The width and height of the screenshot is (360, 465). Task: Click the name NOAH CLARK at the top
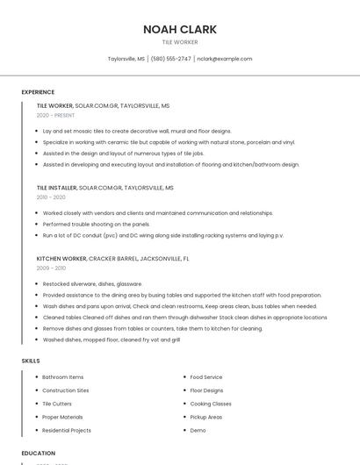coord(180,29)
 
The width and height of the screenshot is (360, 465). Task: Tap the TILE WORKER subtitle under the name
coord(180,42)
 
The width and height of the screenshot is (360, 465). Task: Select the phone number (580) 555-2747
coord(170,59)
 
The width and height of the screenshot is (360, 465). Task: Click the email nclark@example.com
coord(224,59)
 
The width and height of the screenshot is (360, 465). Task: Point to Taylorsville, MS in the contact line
coord(126,59)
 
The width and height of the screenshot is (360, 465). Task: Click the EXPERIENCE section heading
coord(38,92)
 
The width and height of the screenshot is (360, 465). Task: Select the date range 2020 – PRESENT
coord(55,115)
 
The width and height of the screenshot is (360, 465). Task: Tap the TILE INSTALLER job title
coord(56,188)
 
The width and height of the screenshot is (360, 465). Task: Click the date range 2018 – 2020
coord(51,197)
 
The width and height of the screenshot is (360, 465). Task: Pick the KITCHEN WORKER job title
coord(61,259)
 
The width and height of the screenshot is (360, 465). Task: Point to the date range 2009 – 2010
coord(51,268)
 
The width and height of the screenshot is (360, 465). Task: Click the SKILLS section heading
coord(31,361)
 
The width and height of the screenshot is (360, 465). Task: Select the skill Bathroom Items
coord(63,377)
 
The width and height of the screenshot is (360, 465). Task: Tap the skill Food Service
coord(206,377)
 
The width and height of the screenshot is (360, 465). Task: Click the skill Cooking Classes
coord(211,404)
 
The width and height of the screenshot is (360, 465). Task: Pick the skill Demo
coord(198,431)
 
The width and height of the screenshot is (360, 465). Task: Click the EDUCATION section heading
coord(38,454)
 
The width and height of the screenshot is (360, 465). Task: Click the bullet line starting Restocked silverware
coord(92,284)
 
